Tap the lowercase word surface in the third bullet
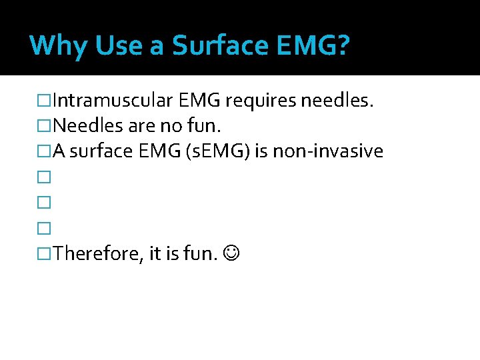tap(101, 151)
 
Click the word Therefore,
tap(95, 253)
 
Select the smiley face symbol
tap(230, 253)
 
